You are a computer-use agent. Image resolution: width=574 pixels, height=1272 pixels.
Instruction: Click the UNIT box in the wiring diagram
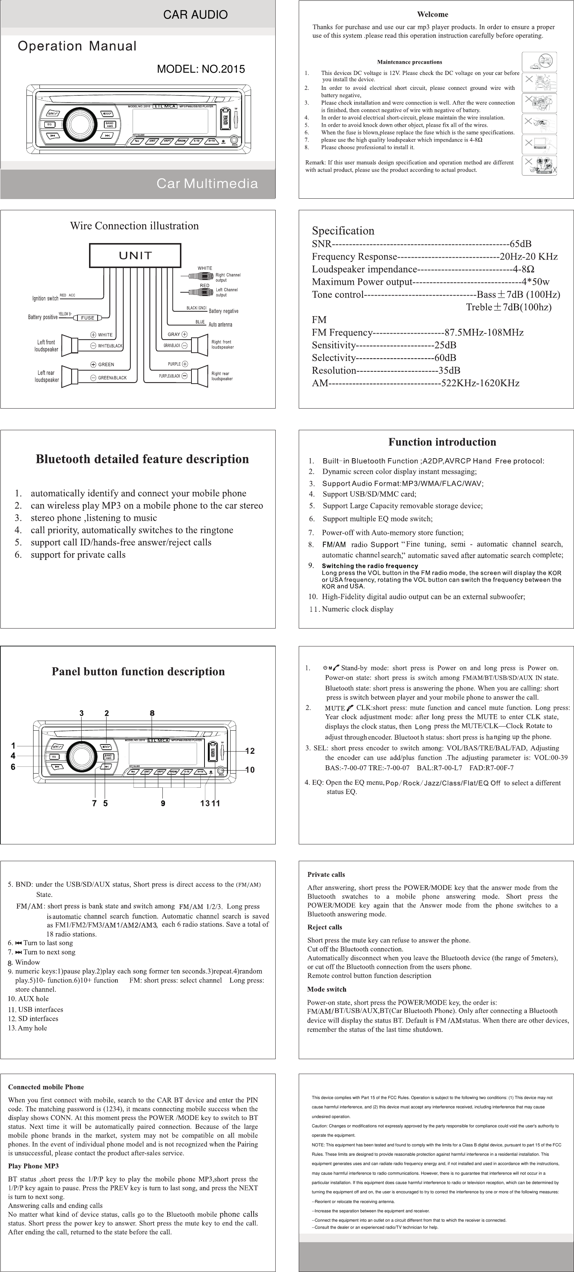(x=135, y=255)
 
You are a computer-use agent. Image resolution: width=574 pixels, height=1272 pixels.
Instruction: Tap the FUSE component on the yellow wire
(x=88, y=318)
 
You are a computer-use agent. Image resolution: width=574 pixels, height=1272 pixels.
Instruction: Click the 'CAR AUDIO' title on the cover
(x=196, y=15)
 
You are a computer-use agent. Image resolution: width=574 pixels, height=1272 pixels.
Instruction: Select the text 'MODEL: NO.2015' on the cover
(x=200, y=69)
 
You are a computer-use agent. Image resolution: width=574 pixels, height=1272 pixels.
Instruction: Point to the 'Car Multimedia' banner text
(x=207, y=184)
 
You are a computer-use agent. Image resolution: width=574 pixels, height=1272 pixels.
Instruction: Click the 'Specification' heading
(x=343, y=231)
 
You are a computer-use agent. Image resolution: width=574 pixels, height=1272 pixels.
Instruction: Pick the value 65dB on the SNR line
(x=521, y=244)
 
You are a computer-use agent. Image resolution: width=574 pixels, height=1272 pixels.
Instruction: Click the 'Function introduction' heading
(x=442, y=442)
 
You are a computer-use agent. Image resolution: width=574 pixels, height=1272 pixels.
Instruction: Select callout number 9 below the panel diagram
(x=163, y=803)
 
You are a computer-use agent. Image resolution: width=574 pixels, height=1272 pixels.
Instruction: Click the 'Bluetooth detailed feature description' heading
(x=142, y=459)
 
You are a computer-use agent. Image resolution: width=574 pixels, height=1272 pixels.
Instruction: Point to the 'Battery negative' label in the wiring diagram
(x=223, y=311)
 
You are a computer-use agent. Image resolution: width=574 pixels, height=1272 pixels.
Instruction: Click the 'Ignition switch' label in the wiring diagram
(x=45, y=298)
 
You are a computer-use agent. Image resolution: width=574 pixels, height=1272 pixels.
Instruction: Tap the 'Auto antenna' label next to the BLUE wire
(x=220, y=324)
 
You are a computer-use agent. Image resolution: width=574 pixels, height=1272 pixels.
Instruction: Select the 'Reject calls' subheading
(x=325, y=927)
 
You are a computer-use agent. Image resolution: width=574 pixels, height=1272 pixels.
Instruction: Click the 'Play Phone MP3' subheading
(x=34, y=1166)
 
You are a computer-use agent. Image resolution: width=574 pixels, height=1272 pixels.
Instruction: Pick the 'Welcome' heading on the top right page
(x=433, y=14)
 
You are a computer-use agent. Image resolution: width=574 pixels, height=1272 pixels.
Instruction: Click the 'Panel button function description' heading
(x=138, y=671)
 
